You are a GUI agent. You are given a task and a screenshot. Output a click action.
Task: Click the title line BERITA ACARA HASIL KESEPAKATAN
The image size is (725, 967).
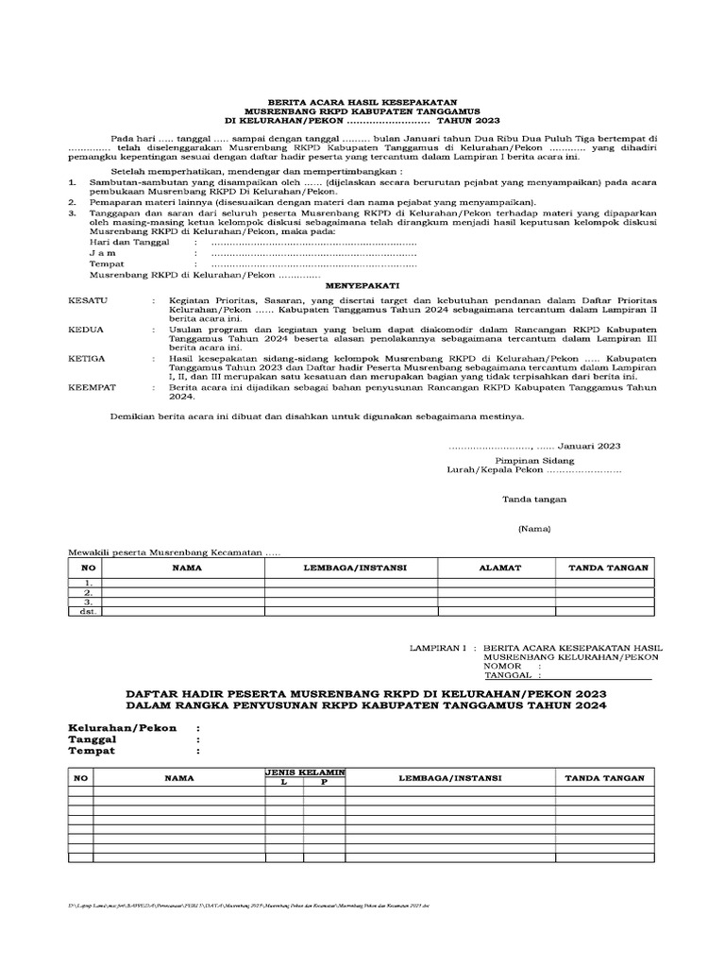362,101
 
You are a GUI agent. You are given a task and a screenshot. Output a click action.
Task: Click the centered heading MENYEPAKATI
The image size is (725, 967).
362,283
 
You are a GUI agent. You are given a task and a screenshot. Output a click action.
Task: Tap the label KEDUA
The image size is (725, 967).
87,330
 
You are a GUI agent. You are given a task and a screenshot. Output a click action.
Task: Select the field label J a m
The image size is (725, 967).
103,253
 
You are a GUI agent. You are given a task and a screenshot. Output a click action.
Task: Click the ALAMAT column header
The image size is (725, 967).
496,568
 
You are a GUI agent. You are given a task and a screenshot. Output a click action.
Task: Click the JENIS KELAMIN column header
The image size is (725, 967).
305,772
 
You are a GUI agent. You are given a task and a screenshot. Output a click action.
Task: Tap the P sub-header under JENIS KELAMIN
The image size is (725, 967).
323,783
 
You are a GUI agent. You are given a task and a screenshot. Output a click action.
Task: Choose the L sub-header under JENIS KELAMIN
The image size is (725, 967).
280,783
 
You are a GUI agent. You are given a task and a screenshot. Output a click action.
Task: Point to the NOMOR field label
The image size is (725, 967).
503,667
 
